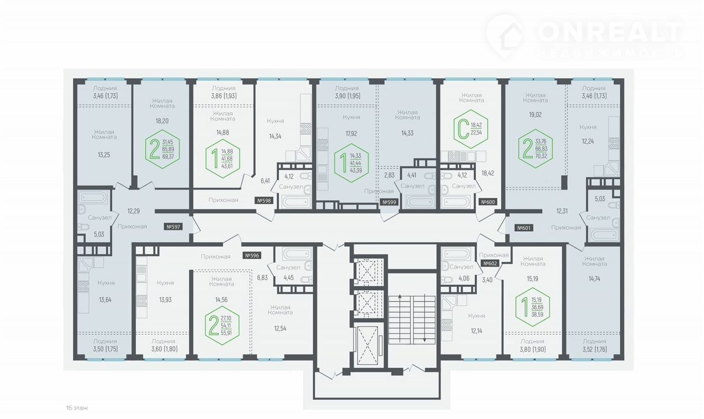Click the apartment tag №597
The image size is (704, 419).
coord(173,226)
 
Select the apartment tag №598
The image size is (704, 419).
coord(264,201)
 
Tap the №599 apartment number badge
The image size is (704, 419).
coord(389,202)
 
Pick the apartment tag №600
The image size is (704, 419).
coord(488,202)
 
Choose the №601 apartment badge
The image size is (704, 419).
coord(524,228)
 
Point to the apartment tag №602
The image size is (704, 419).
coord(490,263)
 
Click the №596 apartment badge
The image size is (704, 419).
coord(252,255)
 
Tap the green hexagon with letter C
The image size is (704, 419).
coord(471,129)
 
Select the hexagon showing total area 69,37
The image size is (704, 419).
coord(162,149)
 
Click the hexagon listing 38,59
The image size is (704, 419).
coord(532,307)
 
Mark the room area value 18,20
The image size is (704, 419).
coord(162,121)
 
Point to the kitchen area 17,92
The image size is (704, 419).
coord(351,133)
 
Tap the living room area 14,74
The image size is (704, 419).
coord(595,279)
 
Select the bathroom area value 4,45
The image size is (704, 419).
coord(289,277)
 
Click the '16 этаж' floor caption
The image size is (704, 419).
coord(77,408)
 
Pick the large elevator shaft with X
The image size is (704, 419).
coord(367,345)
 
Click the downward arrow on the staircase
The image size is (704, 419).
coord(425,318)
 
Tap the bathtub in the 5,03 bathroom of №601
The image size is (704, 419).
coord(604,235)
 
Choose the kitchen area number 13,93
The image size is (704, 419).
coord(166,300)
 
